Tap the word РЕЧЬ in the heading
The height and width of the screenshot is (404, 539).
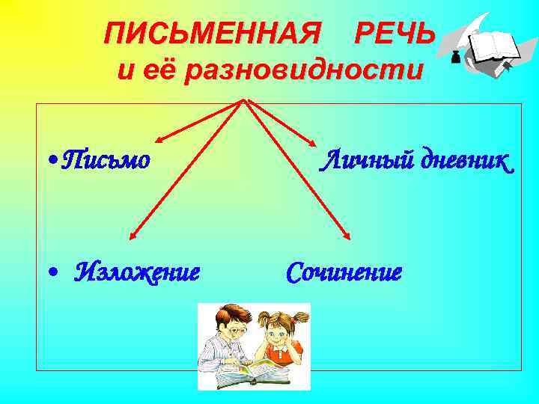pos(394,32)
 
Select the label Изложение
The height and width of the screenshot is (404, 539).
pos(138,272)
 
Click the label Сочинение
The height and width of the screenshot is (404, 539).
pos(344,272)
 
